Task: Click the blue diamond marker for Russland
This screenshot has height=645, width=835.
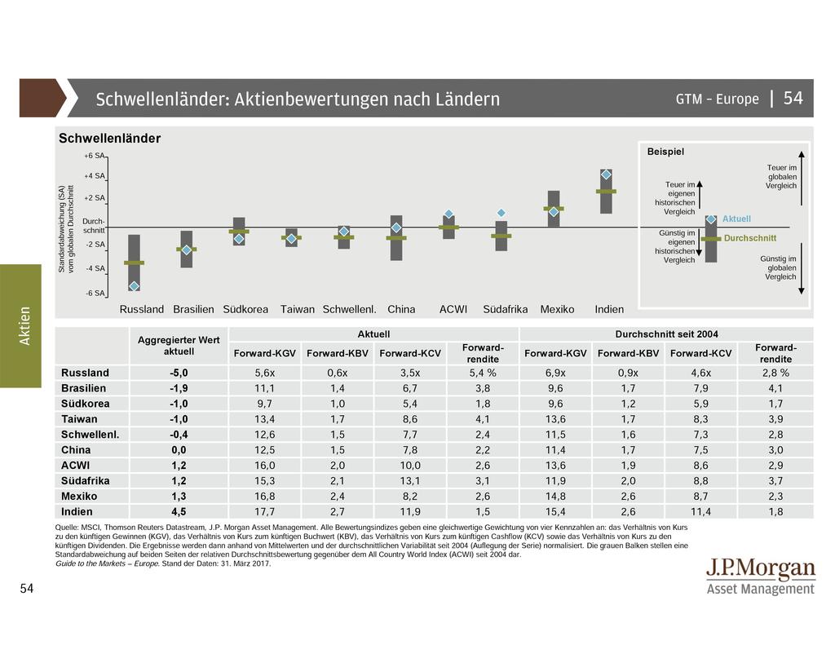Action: tap(134, 285)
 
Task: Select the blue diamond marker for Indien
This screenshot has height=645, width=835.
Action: tap(606, 175)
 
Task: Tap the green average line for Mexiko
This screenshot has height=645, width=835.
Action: tap(554, 208)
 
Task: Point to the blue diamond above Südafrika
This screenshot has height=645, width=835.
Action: tap(501, 213)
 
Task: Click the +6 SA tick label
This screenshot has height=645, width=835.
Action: tap(95, 156)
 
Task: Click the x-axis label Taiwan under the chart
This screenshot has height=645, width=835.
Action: tap(298, 310)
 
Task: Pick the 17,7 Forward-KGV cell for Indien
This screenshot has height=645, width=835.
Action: tap(264, 512)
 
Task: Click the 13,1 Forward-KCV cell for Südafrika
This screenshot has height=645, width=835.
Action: tap(410, 481)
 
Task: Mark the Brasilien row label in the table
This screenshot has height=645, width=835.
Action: tap(84, 388)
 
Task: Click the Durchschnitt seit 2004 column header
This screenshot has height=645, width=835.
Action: tap(666, 334)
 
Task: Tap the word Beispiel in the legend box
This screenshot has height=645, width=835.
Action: tap(665, 152)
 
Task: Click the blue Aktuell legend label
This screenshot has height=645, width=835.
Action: tap(736, 219)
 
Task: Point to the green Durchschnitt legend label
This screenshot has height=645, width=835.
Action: tap(750, 238)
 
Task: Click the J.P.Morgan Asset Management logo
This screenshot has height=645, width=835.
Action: tap(760, 577)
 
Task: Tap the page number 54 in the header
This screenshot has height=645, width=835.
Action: tap(793, 99)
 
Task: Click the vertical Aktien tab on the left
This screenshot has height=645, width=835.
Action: tap(25, 325)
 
